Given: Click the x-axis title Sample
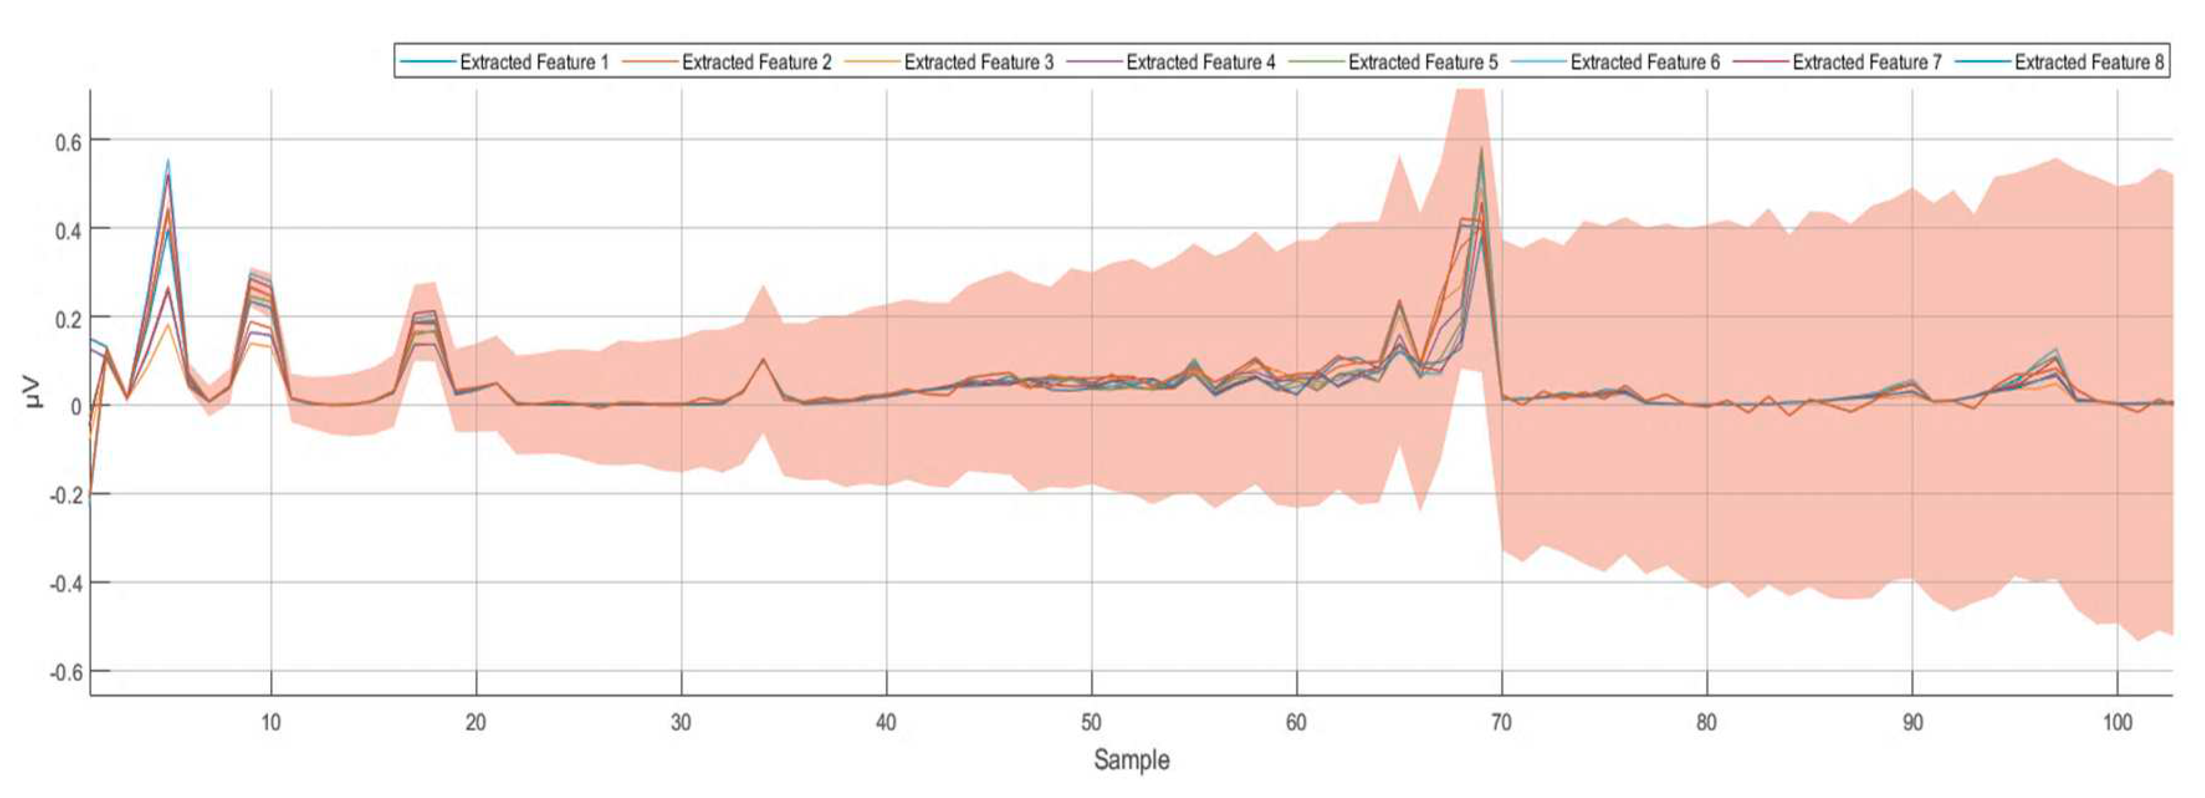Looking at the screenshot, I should (x=1130, y=759).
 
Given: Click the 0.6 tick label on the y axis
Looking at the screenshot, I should (x=68, y=141).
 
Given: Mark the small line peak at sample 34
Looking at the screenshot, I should (x=763, y=359).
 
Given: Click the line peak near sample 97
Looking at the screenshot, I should (x=2055, y=350).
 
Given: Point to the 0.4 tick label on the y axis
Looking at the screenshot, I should (x=68, y=230).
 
